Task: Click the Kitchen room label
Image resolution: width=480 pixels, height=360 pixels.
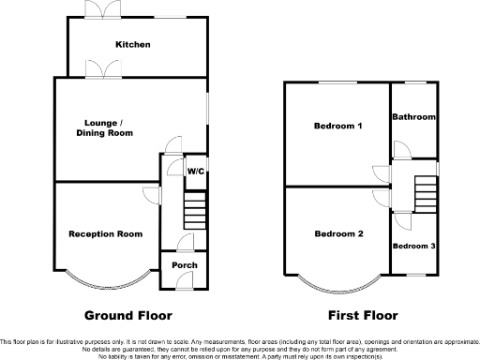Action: click(132, 45)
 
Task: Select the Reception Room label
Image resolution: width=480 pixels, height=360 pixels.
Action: click(104, 233)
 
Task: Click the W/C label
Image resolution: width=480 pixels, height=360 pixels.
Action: click(196, 171)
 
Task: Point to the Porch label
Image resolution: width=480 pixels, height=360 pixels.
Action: click(182, 266)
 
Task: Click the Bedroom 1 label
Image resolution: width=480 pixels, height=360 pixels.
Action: click(338, 126)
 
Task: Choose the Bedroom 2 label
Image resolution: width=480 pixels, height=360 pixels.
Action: click(338, 233)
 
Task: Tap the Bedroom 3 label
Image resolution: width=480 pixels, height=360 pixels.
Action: click(413, 246)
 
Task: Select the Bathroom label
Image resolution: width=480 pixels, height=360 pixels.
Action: click(413, 117)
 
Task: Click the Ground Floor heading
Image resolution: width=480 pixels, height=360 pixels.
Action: click(128, 315)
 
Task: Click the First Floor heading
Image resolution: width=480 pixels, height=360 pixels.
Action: click(363, 315)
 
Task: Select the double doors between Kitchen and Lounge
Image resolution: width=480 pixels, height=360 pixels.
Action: click(97, 68)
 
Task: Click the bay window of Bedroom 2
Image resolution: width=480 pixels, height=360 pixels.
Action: click(338, 280)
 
